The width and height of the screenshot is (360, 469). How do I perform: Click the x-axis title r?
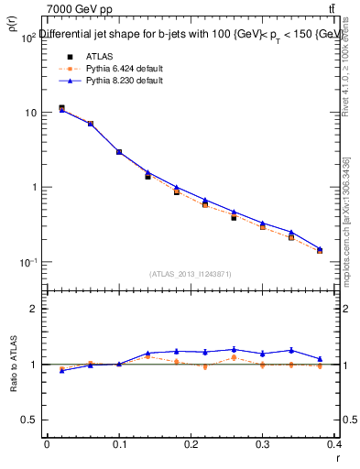(x=337, y=456)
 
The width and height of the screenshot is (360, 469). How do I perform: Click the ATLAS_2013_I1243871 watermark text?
(x=190, y=274)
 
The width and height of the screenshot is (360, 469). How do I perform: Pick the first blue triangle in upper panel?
(x=61, y=110)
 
